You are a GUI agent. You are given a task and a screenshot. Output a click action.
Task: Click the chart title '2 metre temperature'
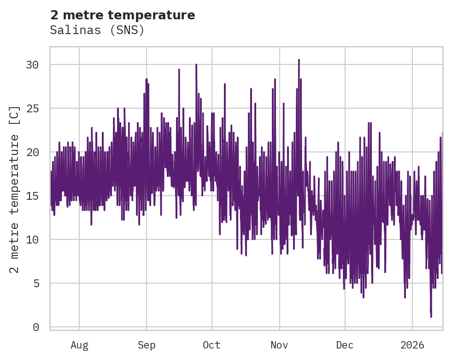pos(123,15)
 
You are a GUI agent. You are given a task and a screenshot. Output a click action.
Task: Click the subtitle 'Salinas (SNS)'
pos(97,30)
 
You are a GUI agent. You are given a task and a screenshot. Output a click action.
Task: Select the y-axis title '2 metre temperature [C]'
pos(14,189)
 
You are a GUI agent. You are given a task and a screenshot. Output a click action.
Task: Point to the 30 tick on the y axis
pos(32,65)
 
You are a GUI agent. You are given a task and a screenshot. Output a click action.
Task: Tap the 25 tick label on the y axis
pos(32,109)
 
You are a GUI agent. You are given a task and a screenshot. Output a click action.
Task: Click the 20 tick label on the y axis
pos(32,152)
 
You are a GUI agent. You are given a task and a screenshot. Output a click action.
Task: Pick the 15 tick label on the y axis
pos(32,196)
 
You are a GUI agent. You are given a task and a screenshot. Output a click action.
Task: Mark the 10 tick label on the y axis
pos(32,240)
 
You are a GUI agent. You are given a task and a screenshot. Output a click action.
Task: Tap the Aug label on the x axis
pos(79,345)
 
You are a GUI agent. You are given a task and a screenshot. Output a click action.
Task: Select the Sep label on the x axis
pos(147,345)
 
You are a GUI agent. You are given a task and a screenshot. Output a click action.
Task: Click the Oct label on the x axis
pos(212,345)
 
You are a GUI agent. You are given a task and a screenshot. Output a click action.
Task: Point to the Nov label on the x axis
pos(279,345)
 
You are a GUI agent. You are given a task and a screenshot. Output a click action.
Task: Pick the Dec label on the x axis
pos(345,345)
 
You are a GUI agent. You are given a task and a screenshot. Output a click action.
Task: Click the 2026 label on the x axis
pos(412,345)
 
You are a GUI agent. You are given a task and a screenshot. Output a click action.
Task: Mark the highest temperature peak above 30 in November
pos(299,60)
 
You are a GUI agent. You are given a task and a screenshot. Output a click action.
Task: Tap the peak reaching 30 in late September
pos(196,65)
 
